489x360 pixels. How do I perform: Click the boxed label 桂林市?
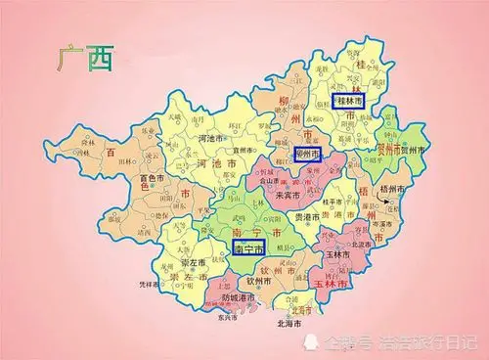(x=352, y=100)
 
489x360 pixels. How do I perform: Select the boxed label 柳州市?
(x=307, y=155)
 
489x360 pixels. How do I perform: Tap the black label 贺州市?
(x=413, y=152)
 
